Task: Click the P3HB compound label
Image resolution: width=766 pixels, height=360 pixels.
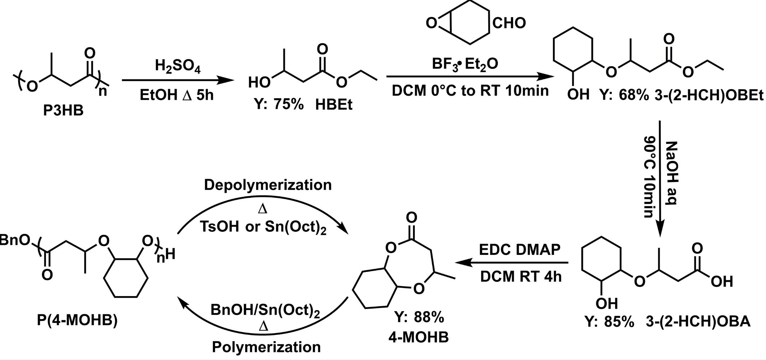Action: point(63,111)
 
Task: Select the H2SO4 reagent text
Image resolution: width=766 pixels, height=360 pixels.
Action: point(177,66)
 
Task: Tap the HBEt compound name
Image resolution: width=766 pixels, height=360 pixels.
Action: point(334,105)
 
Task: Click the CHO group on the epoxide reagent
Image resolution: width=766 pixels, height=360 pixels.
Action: point(509,23)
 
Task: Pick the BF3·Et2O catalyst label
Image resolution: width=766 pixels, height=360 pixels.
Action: point(465,64)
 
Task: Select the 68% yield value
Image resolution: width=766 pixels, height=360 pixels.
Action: point(633,95)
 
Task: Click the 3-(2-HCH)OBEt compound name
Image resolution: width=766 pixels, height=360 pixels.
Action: point(709,95)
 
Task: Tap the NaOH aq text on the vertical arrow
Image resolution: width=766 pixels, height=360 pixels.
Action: point(671,173)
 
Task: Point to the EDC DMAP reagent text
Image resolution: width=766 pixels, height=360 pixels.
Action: point(519,249)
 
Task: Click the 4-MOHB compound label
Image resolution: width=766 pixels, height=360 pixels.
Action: point(418,337)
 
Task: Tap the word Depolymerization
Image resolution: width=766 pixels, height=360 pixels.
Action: point(268,185)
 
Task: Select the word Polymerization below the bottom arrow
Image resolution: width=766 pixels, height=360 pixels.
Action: point(266,347)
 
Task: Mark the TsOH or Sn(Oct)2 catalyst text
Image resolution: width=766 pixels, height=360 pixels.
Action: point(263,227)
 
